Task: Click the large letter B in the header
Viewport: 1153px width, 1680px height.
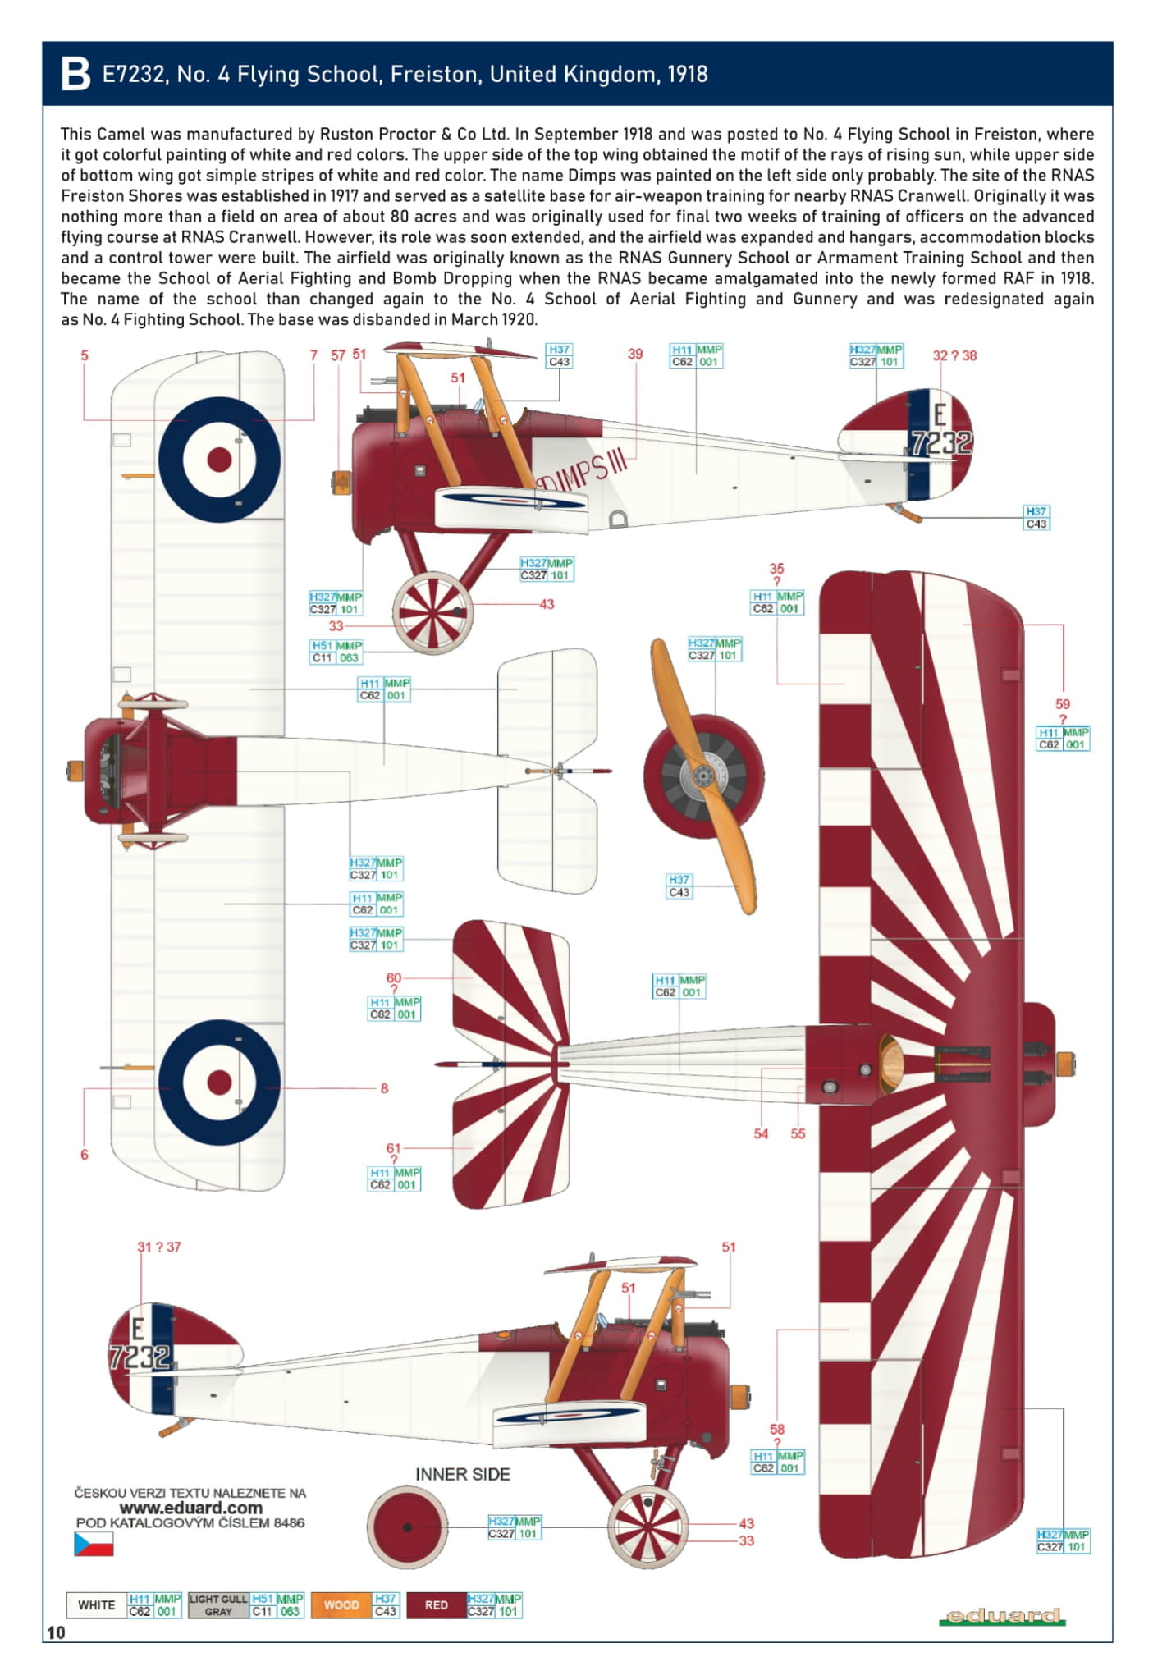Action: coord(75,75)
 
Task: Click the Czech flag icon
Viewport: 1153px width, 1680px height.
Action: coord(94,1544)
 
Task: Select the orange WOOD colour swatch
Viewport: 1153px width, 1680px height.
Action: coord(341,1604)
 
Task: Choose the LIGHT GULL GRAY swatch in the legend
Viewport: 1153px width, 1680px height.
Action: coord(218,1604)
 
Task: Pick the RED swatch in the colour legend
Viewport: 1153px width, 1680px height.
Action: coord(437,1604)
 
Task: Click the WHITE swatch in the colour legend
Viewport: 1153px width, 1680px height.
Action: coord(97,1604)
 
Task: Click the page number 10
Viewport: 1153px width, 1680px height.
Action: coord(56,1632)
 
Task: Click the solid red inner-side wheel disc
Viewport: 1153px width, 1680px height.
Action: coord(407,1527)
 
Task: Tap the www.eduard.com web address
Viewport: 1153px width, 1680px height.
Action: coord(190,1508)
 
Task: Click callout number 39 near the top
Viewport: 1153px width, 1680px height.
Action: coord(635,354)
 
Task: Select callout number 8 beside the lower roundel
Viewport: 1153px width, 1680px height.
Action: coord(384,1088)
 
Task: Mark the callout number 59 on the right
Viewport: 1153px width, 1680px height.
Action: coord(1063,704)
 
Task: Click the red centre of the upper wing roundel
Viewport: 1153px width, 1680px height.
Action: coord(219,460)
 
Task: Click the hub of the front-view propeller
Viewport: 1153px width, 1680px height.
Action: coord(702,775)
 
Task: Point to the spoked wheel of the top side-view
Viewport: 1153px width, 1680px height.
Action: coord(432,612)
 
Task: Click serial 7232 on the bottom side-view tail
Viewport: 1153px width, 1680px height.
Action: coord(140,1357)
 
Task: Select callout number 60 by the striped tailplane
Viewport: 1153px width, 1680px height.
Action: coord(394,977)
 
